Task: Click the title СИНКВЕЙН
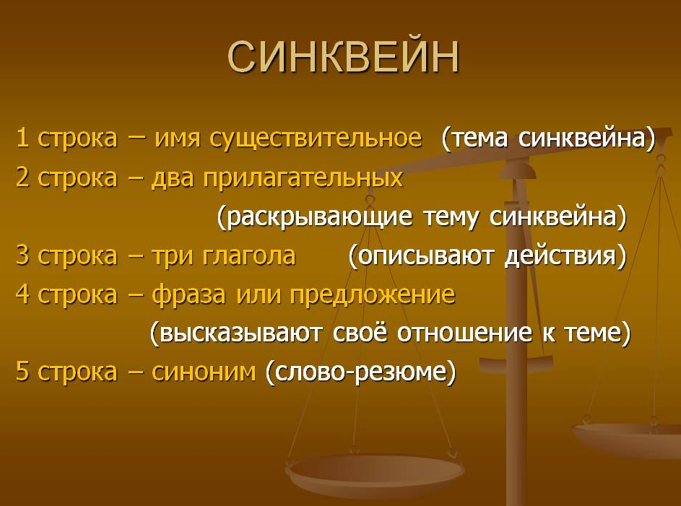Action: pos(343,57)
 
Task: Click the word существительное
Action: pos(316,139)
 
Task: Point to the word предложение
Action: pos(372,295)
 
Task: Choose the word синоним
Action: pos(204,372)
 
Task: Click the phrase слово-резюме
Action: pos(361,372)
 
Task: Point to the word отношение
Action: pos(464,333)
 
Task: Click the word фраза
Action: pos(188,295)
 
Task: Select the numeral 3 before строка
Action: pos(22,256)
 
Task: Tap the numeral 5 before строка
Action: pos(22,372)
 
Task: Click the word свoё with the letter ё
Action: pos(360,333)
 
